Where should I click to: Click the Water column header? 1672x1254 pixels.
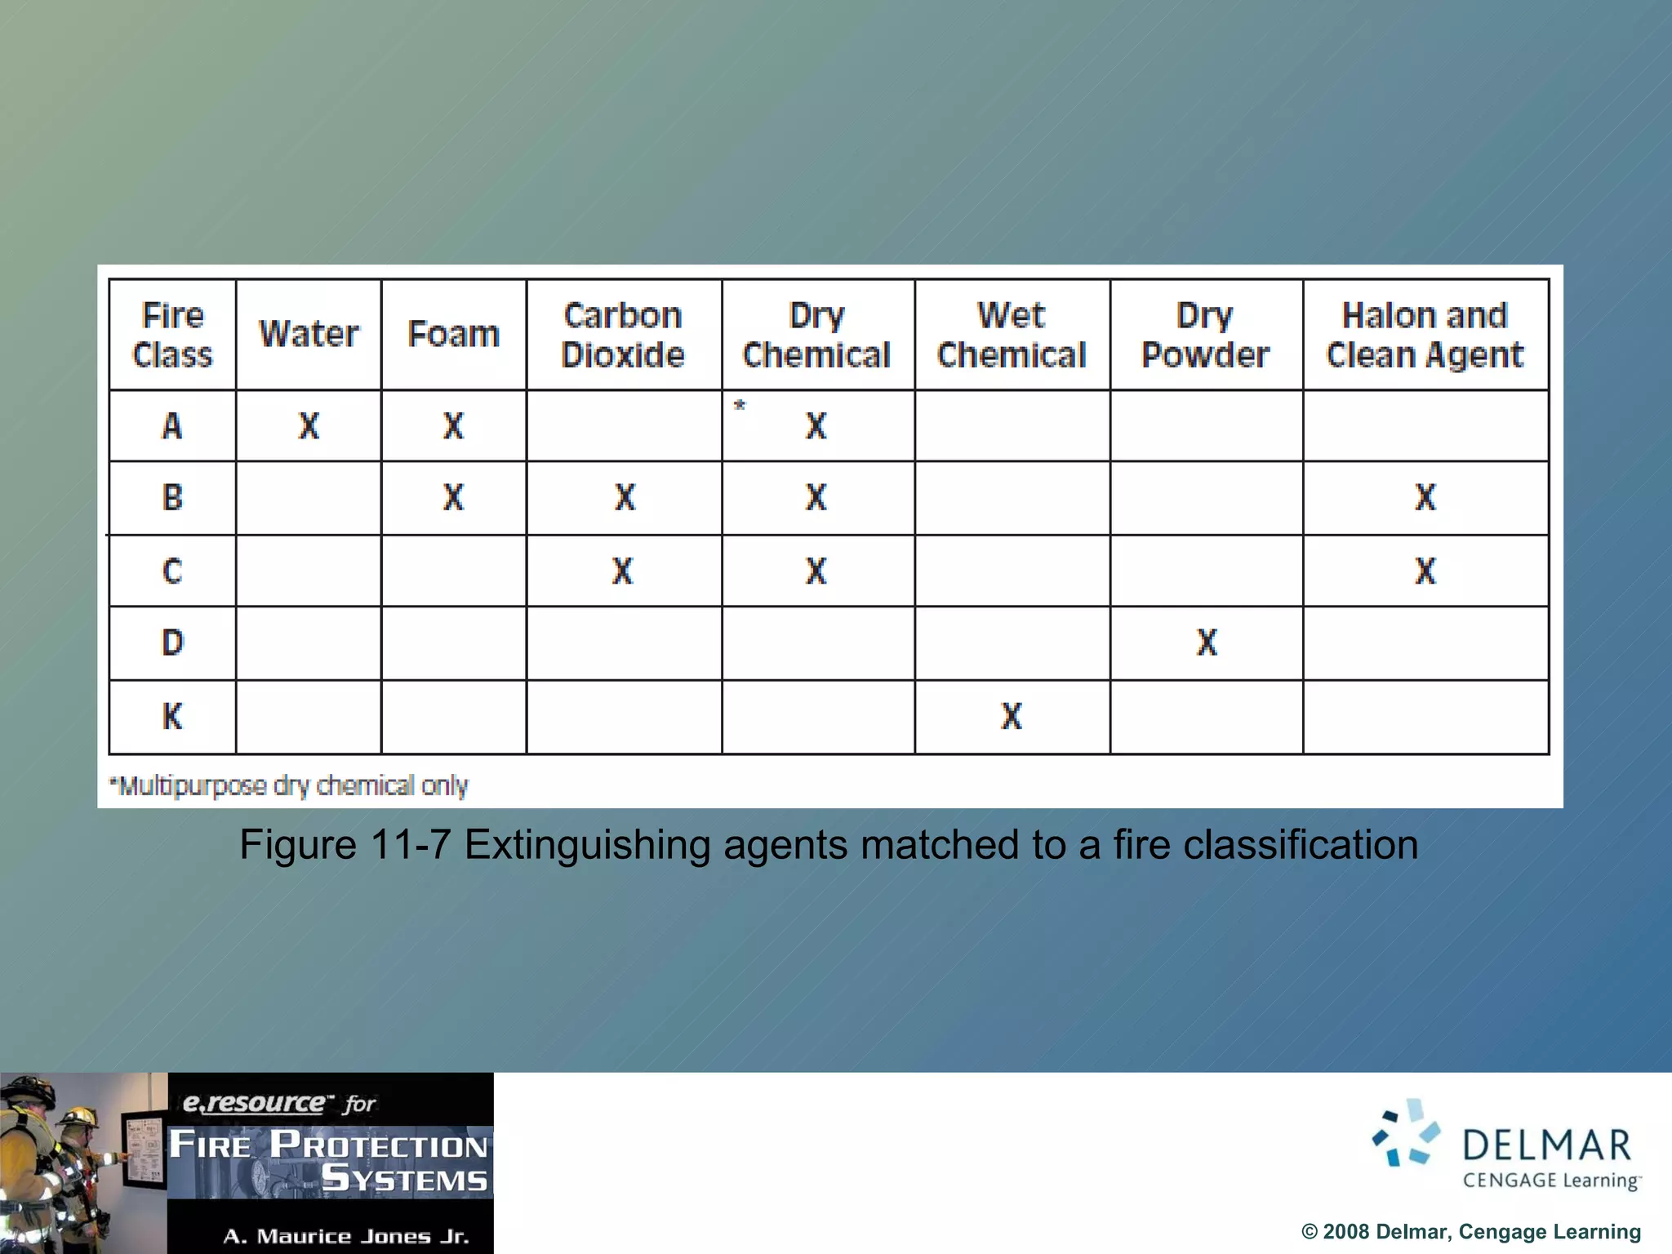[309, 334]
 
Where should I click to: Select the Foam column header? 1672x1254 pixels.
[453, 334]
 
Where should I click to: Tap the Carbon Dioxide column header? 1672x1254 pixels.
[623, 335]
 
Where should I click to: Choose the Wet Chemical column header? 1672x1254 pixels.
[1012, 335]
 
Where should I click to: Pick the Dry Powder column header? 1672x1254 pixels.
[1205, 335]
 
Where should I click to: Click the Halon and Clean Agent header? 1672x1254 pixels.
[1425, 335]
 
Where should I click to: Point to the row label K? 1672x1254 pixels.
[172, 716]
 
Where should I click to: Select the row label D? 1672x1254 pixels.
[172, 643]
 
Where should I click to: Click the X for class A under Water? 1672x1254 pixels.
[309, 425]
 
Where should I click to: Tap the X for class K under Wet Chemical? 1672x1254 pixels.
[1012, 716]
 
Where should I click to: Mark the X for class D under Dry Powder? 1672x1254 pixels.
[1207, 643]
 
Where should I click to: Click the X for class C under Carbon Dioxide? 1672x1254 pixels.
[623, 571]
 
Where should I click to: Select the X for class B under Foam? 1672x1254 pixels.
[453, 497]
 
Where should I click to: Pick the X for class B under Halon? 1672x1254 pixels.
[1425, 497]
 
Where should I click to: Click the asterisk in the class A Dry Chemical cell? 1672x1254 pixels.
[740, 405]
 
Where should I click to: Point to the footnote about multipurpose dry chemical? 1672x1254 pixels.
[289, 785]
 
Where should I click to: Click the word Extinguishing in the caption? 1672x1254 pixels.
[586, 844]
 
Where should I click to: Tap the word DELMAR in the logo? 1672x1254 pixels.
[1546, 1145]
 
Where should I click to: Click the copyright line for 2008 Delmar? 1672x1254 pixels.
[1470, 1231]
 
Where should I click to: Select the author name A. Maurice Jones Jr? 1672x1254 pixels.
[346, 1236]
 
